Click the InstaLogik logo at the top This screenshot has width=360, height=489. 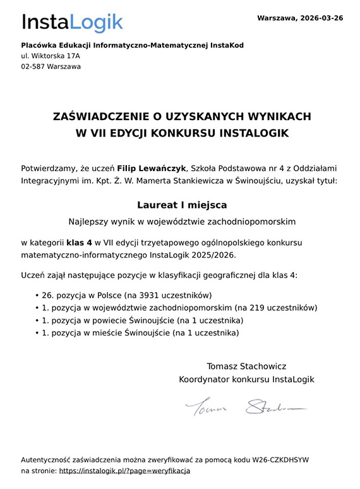pyautogui.click(x=72, y=23)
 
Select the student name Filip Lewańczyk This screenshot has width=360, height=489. pyautogui.click(x=152, y=169)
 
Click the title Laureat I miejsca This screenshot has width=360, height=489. pyautogui.click(x=182, y=205)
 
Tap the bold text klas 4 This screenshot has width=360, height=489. pyautogui.click(x=80, y=242)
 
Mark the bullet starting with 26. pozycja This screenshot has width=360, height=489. pyautogui.click(x=126, y=295)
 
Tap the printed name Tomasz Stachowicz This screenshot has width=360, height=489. pyautogui.click(x=246, y=366)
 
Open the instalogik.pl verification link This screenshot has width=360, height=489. pyautogui.click(x=124, y=471)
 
